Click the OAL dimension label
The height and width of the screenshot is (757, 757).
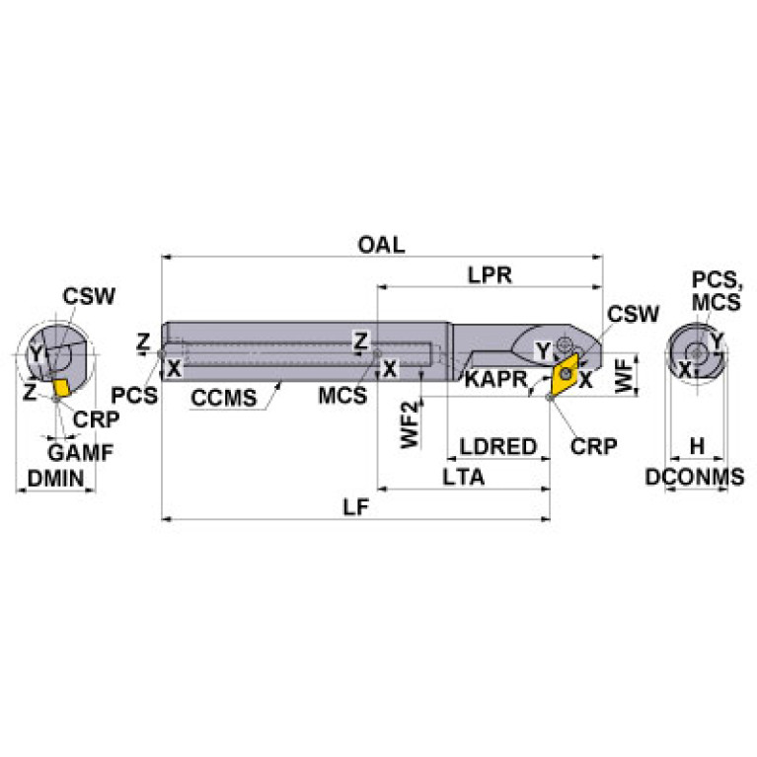point(381,245)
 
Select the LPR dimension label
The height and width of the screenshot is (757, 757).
point(490,275)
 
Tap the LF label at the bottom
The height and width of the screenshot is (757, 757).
point(356,507)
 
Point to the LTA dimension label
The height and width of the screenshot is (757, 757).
point(463,478)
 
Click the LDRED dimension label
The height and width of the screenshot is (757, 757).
point(497,446)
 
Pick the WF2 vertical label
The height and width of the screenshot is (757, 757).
point(410,423)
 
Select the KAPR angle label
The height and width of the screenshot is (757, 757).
point(495,379)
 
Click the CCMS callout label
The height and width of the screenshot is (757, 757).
point(223,398)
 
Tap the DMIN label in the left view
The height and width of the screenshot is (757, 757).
point(55,479)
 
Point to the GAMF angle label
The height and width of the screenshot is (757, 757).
point(81,452)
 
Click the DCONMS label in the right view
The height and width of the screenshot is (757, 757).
point(695,477)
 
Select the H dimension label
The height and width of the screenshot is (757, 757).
point(697,446)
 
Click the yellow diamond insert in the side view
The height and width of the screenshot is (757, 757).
point(565,374)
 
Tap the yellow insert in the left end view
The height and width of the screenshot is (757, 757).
point(61,388)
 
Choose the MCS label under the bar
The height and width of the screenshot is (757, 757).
point(342,396)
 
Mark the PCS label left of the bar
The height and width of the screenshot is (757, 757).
point(134,396)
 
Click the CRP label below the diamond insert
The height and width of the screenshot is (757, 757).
point(593,446)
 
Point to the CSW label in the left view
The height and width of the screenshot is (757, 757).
point(89,296)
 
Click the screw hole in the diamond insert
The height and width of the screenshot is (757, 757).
point(565,374)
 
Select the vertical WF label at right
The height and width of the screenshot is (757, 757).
point(624,375)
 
